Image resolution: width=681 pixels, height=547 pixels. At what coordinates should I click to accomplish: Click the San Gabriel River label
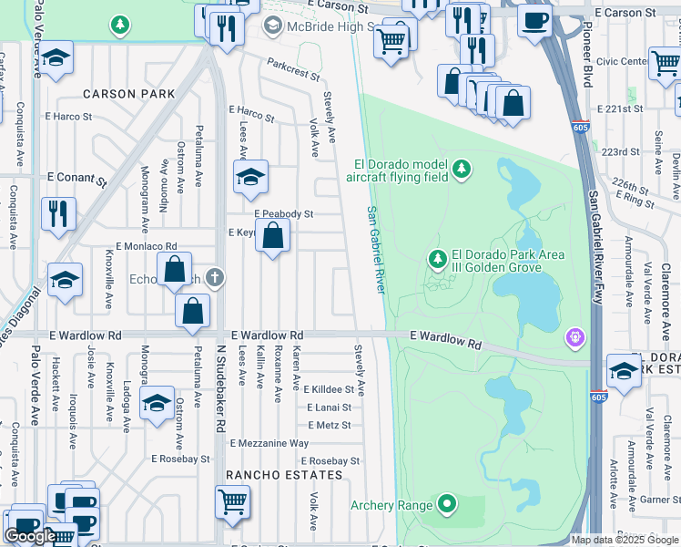[x=374, y=249]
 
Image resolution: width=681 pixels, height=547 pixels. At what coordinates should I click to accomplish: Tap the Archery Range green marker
[x=446, y=503]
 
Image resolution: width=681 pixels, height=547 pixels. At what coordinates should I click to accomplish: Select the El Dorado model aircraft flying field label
[x=401, y=170]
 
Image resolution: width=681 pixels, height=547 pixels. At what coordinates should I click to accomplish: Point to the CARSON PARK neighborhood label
[x=128, y=94]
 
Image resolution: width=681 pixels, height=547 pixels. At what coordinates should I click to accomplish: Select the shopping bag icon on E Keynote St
[x=272, y=237]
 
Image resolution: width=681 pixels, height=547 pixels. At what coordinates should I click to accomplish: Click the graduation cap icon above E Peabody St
[x=250, y=177]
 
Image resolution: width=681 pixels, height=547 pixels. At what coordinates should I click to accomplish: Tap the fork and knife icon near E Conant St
[x=59, y=214]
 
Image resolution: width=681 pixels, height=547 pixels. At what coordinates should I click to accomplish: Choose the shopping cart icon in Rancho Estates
[x=233, y=501]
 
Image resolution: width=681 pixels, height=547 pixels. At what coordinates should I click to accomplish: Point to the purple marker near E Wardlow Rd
[x=574, y=338]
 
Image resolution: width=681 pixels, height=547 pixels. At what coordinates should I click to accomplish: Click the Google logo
[x=30, y=536]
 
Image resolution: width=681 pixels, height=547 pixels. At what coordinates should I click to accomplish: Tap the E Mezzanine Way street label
[x=269, y=443]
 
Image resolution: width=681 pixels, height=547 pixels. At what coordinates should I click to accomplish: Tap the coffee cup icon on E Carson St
[x=535, y=19]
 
